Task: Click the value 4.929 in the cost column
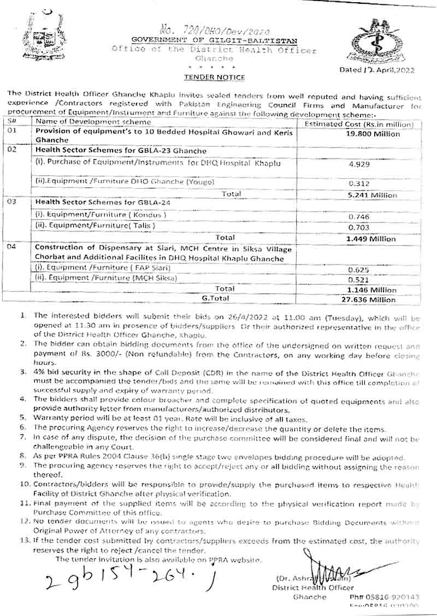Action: point(358,164)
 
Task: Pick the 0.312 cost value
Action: point(358,184)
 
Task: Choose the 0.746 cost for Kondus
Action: point(358,216)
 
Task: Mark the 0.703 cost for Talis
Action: point(358,227)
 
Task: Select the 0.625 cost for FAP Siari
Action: point(358,269)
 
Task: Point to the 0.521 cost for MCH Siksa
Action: point(358,279)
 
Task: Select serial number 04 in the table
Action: point(12,248)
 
